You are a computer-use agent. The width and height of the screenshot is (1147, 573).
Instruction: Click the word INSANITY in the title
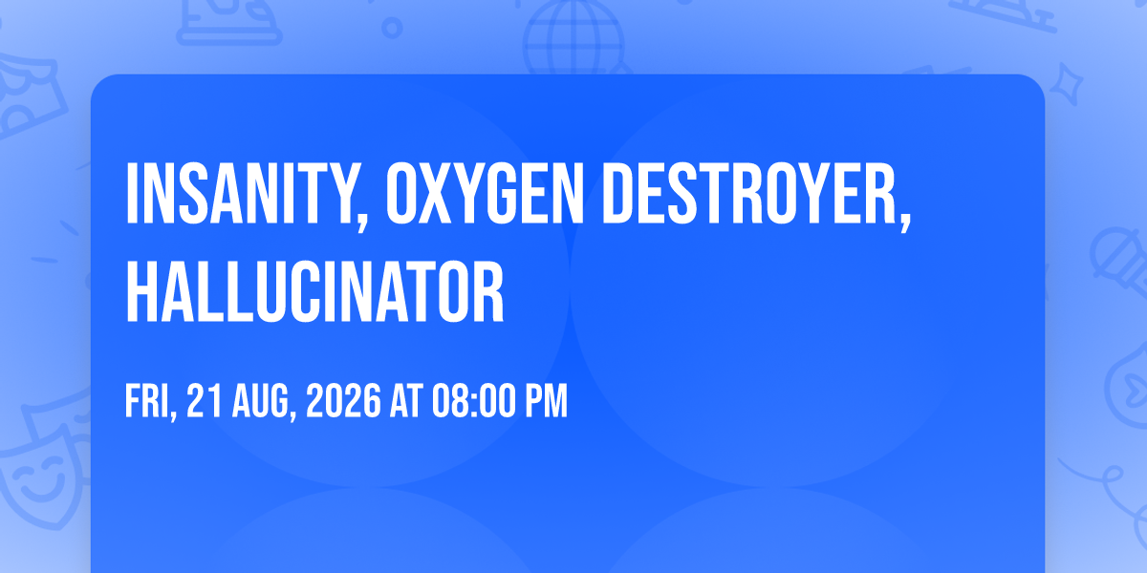click(x=241, y=193)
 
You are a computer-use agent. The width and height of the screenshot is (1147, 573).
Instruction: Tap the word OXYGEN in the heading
click(x=485, y=193)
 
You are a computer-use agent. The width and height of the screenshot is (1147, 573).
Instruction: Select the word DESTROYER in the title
click(x=751, y=193)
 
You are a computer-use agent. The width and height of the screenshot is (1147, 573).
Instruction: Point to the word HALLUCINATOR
click(x=314, y=291)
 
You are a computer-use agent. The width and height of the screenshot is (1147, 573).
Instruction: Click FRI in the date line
click(x=146, y=401)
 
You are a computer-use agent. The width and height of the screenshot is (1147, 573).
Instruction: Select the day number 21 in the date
click(x=205, y=401)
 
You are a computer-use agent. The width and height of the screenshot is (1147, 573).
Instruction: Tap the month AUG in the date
click(x=261, y=401)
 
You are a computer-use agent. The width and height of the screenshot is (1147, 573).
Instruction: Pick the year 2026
click(x=343, y=401)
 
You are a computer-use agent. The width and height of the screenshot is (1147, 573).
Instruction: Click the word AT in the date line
click(x=406, y=401)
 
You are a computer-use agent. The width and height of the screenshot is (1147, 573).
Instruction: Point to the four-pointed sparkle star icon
click(x=1066, y=84)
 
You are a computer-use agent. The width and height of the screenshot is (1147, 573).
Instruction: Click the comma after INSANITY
click(x=362, y=222)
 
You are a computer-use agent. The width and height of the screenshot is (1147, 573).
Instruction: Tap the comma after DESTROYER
click(x=906, y=222)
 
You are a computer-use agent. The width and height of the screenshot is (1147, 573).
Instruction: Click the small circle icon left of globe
click(x=392, y=28)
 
